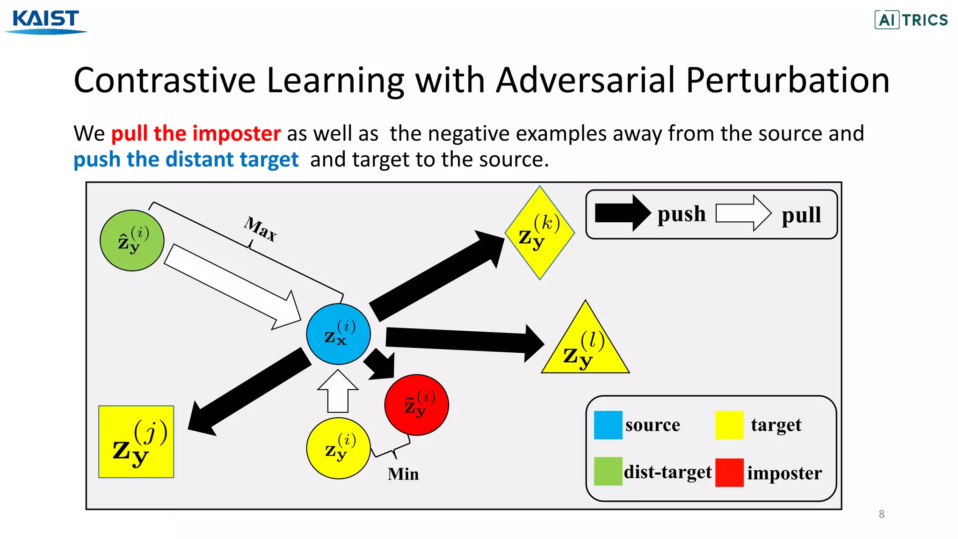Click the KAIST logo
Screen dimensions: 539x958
pyautogui.click(x=46, y=21)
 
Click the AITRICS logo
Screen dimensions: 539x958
pyautogui.click(x=911, y=20)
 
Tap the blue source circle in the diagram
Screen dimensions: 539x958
pyautogui.click(x=338, y=334)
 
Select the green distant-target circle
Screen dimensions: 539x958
pyautogui.click(x=132, y=240)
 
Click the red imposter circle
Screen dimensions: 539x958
pyautogui.click(x=416, y=405)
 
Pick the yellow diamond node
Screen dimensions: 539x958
pyautogui.click(x=539, y=233)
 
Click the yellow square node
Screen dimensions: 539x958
pyautogui.click(x=136, y=442)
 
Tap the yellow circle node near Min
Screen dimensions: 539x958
pyautogui.click(x=338, y=448)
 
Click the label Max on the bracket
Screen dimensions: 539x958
pyautogui.click(x=260, y=229)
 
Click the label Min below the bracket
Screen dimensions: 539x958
pyautogui.click(x=403, y=474)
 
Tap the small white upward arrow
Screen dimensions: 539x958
pyautogui.click(x=338, y=391)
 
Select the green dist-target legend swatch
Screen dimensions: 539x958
pyautogui.click(x=608, y=471)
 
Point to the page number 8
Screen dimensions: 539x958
pyautogui.click(x=881, y=514)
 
